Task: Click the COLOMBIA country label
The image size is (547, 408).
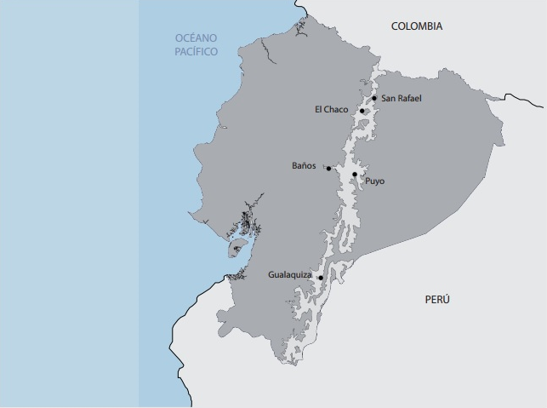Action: point(416,26)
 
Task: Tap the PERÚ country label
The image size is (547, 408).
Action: point(437,300)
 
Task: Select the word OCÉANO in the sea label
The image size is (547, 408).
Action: point(197,38)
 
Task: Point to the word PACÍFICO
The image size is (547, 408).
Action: point(197,52)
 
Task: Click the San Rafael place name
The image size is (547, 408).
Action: point(402,99)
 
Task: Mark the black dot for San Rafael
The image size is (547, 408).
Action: point(374,98)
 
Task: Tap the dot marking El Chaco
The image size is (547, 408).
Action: point(362,111)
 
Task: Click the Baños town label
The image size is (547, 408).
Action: point(304,166)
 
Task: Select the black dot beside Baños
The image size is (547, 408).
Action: point(328,168)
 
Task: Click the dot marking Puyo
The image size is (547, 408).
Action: point(355,175)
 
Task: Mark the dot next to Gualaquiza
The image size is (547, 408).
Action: point(320,278)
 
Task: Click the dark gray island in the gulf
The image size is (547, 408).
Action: point(236,248)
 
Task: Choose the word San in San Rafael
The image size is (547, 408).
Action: point(388,99)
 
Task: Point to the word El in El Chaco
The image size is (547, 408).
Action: point(318,110)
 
